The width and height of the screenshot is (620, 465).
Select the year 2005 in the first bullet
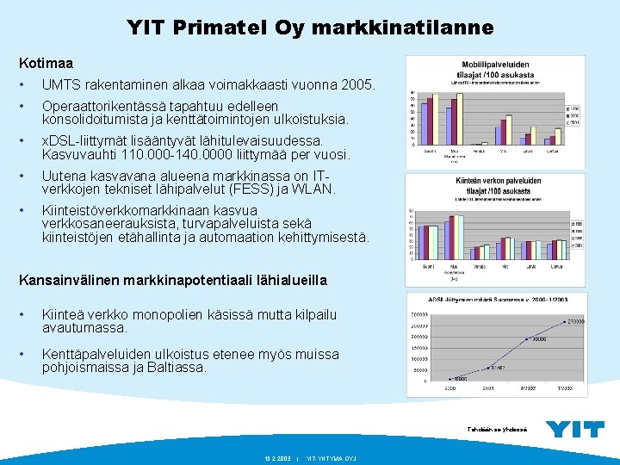[356, 86]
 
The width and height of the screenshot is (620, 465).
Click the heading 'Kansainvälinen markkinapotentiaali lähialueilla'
[173, 280]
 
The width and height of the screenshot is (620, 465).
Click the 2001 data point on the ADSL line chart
[490, 368]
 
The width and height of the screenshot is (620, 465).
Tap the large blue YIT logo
[575, 428]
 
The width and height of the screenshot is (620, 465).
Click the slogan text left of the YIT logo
[496, 429]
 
